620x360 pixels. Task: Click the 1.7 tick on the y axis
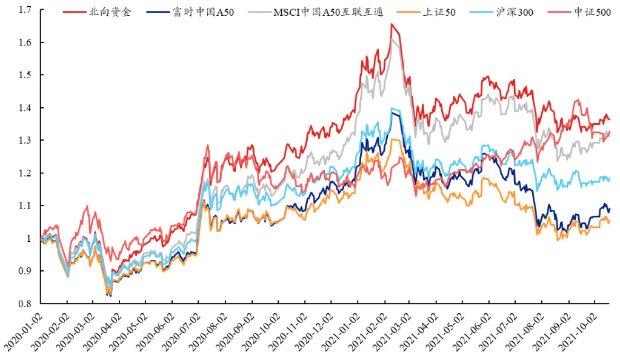tap(25, 10)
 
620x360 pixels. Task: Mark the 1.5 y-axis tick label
tap(25, 75)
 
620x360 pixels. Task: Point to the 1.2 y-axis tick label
tap(25, 173)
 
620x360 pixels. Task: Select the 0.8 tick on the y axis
tap(25, 304)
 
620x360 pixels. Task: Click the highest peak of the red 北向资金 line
tap(392, 24)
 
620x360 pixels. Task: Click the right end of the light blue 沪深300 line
tap(610, 178)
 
